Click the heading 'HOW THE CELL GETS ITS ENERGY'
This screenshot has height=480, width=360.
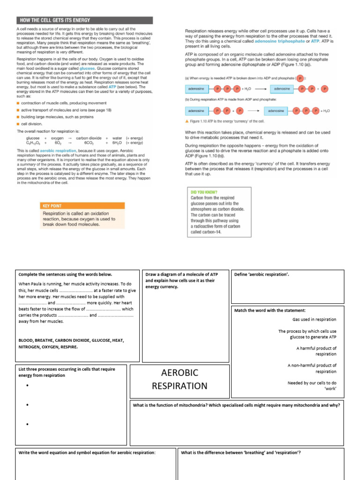tap(54, 20)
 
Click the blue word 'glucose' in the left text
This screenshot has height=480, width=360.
tap(87, 68)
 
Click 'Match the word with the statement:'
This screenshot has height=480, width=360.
tap(270, 310)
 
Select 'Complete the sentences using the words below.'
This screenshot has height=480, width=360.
tap(65, 274)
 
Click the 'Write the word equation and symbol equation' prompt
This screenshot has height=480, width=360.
tap(87, 452)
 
